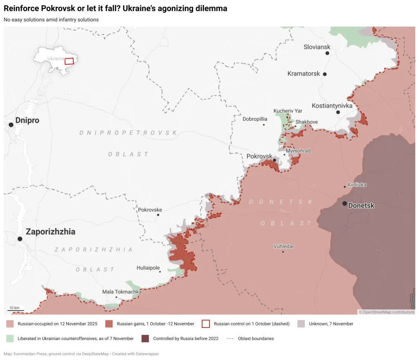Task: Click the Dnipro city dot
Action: pos(11,124)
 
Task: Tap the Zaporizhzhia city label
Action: pos(50,232)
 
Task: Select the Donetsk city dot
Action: pos(345,203)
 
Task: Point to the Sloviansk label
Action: pos(317,47)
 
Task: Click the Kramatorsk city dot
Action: pos(324,74)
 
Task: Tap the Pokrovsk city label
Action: pos(259,156)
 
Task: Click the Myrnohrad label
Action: pos(298,151)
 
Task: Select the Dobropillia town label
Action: pos(255,119)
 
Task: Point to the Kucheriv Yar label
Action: pos(288,111)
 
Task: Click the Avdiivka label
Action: pos(357,185)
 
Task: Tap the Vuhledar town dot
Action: pos(283,252)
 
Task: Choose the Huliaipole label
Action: pos(148,268)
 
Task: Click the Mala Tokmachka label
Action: pos(122,292)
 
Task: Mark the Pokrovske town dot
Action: pos(158,215)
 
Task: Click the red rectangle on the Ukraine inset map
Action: pos(69,61)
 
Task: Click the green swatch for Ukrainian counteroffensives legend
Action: pos(11,338)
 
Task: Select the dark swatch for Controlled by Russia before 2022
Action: pos(145,338)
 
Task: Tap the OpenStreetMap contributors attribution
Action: pos(386,312)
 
